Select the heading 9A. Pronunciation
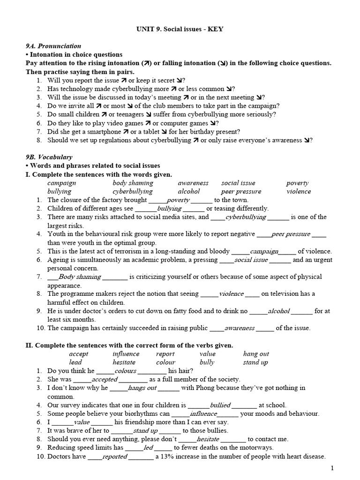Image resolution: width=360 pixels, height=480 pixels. (53, 46)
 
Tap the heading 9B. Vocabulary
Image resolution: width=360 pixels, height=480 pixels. (49, 157)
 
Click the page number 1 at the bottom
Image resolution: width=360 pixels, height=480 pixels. (332, 468)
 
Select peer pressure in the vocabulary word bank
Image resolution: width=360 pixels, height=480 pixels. (241, 191)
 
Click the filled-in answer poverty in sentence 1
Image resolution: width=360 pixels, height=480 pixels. (178, 200)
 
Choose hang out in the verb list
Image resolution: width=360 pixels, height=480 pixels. (256, 354)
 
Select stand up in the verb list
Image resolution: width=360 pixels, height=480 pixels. (255, 362)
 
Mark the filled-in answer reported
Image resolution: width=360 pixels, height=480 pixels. (114, 456)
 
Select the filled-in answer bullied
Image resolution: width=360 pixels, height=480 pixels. (220, 405)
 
